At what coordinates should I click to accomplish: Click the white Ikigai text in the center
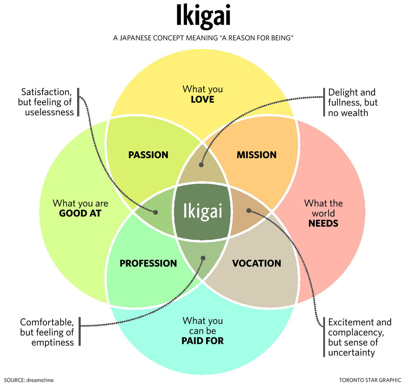pyautogui.click(x=202, y=211)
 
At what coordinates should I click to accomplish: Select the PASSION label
pyautogui.click(x=148, y=155)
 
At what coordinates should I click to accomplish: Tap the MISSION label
pyautogui.click(x=256, y=155)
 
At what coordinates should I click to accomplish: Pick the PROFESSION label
pyautogui.click(x=148, y=263)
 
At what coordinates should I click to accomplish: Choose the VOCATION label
pyautogui.click(x=256, y=263)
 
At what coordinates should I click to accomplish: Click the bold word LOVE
pyautogui.click(x=202, y=99)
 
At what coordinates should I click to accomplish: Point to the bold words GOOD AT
pyautogui.click(x=80, y=213)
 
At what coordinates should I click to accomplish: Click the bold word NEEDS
pyautogui.click(x=323, y=223)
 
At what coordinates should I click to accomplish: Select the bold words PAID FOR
pyautogui.click(x=202, y=340)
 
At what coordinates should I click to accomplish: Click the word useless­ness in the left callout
pyautogui.click(x=49, y=112)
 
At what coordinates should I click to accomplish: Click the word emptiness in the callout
pyautogui.click(x=52, y=342)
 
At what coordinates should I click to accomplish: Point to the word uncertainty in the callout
pyautogui.click(x=351, y=352)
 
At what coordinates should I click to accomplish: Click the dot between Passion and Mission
pyautogui.click(x=201, y=165)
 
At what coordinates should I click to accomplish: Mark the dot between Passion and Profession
pyautogui.click(x=156, y=212)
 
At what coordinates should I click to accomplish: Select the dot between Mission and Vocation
pyautogui.click(x=248, y=210)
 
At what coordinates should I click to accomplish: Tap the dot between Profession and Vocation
pyautogui.click(x=203, y=258)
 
